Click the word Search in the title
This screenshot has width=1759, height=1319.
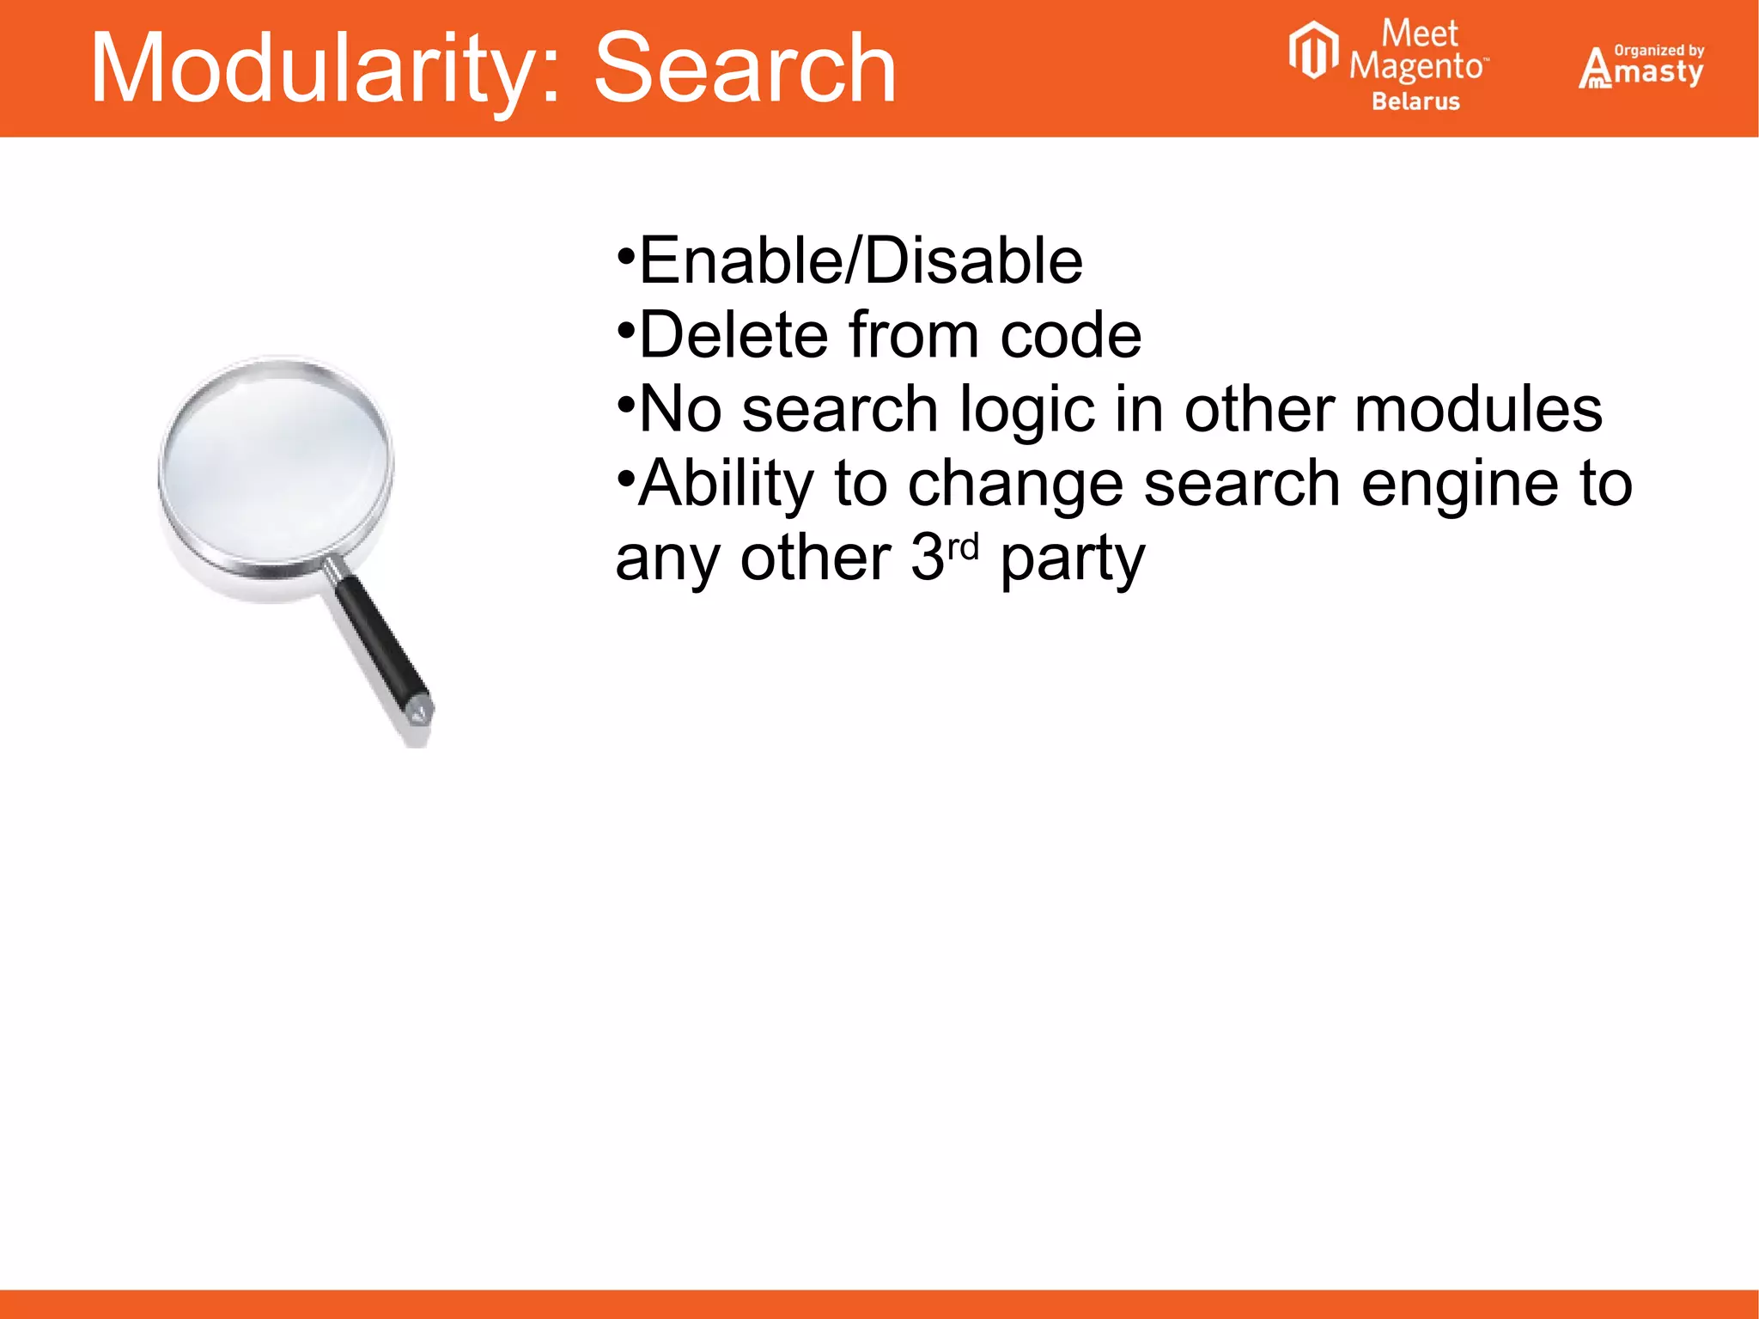coord(745,69)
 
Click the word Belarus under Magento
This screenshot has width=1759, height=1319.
coord(1415,101)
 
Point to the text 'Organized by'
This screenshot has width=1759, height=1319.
coord(1659,50)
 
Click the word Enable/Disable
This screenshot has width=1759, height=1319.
coord(861,260)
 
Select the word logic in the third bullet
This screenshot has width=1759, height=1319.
coord(1027,410)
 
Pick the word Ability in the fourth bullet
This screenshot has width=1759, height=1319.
coord(726,484)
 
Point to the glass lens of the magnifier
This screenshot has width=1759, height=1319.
coord(275,464)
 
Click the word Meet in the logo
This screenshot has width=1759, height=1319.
coord(1419,34)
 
